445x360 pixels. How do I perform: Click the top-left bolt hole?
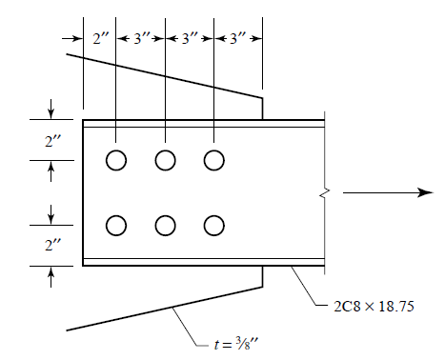[x=115, y=160]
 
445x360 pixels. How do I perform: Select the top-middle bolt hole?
[x=165, y=160]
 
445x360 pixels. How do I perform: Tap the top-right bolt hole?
[x=213, y=160]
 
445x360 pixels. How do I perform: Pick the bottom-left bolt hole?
[x=115, y=226]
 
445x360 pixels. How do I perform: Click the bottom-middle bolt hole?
[x=165, y=226]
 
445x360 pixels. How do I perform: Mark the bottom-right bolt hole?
[x=213, y=226]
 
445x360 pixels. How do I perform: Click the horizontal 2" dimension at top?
[x=100, y=39]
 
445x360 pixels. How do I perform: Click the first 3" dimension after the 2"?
[x=141, y=39]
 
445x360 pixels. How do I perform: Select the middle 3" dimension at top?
[x=190, y=39]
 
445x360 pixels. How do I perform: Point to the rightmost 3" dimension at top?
[x=238, y=39]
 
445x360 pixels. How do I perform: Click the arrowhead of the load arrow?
[x=427, y=193]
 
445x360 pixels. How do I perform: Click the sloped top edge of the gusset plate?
[x=162, y=75]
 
